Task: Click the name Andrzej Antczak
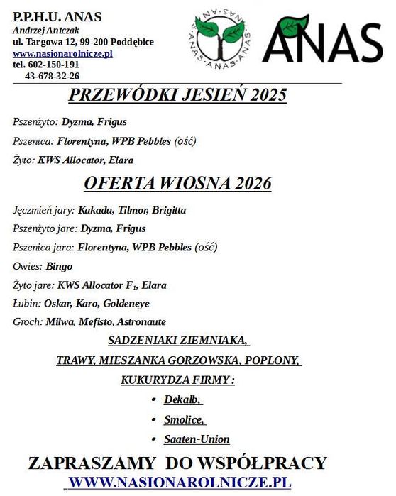pos(47,30)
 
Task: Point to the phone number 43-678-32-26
pos(52,76)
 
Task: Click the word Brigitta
pos(167,211)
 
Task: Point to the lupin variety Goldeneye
pos(126,303)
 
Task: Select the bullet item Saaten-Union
pos(197,439)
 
